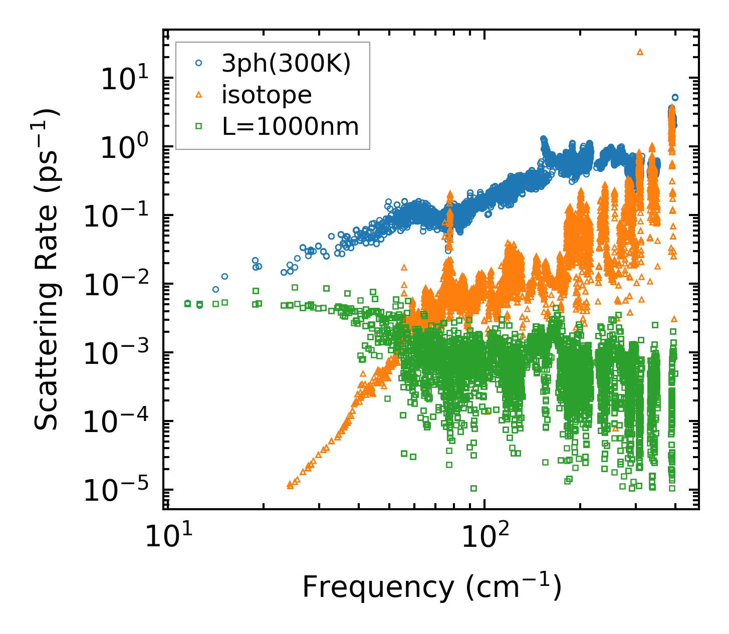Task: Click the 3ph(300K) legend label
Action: tap(287, 64)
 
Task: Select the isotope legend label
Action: tap(267, 95)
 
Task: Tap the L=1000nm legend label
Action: tap(291, 127)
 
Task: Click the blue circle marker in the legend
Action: tap(198, 64)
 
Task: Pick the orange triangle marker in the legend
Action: tap(198, 95)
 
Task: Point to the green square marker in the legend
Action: tap(198, 127)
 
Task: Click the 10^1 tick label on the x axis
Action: tap(168, 537)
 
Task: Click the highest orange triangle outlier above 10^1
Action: tap(640, 52)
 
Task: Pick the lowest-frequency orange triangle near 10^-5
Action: tap(290, 485)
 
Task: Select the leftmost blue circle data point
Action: tap(187, 304)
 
